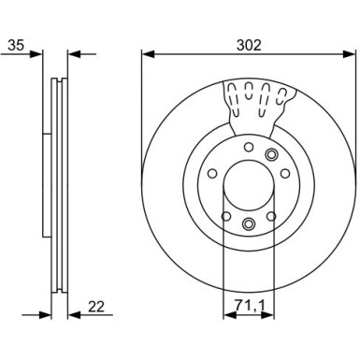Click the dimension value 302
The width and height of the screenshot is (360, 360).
coord(249,46)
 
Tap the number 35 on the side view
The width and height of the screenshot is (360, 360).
coord(16,45)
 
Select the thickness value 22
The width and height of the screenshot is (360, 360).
coord(96,307)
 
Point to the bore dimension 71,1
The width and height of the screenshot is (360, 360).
coord(250,307)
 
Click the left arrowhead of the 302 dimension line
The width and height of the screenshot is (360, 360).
coord(148,53)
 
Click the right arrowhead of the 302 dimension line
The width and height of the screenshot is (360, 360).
coord(349,53)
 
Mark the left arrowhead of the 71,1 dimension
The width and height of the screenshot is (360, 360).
coord(230,315)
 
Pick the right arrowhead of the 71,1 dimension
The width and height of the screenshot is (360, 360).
coord(268,315)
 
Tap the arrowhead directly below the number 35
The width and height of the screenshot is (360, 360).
coord(36,54)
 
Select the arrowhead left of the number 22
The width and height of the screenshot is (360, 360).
coord(75,315)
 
